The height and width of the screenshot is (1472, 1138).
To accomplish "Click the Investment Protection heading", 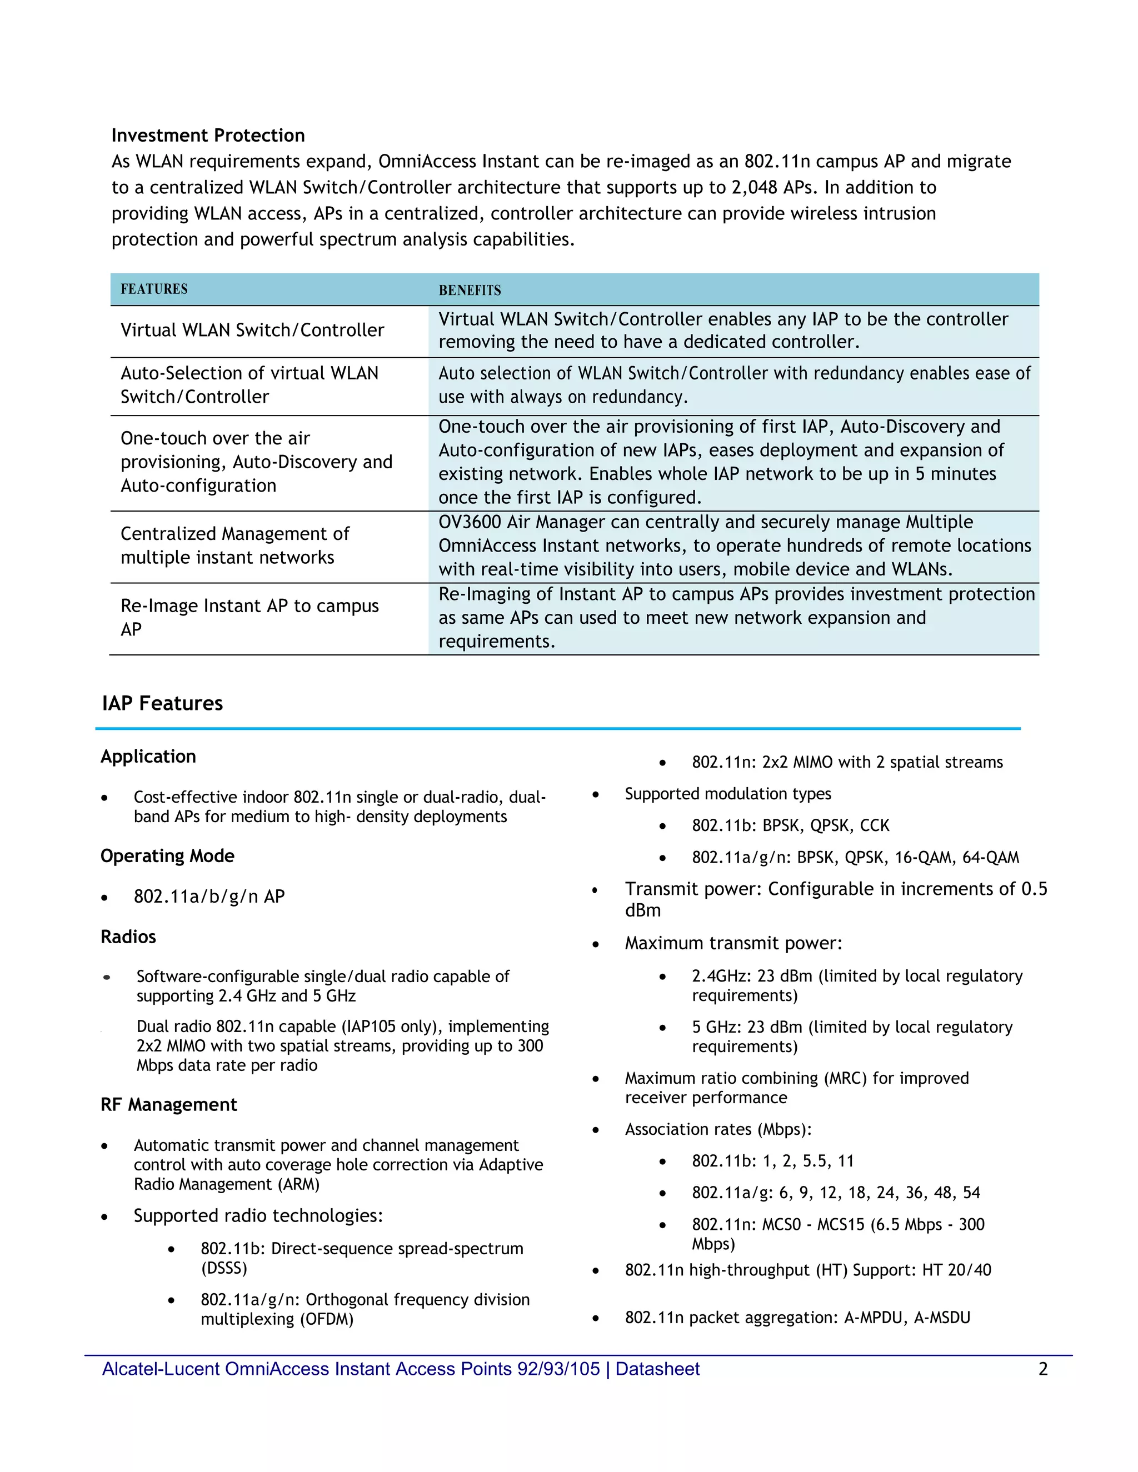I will pos(208,136).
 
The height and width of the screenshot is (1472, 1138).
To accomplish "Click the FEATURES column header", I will pos(154,289).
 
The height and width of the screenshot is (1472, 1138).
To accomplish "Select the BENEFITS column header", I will pos(470,291).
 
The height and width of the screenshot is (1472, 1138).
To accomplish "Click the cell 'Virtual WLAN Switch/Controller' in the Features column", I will pos(252,331).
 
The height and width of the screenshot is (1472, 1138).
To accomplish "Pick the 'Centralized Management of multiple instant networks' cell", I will pos(234,545).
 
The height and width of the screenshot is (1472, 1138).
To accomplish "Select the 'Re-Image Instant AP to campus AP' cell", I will pos(249,617).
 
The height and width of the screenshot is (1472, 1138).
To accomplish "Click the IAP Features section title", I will pos(162,703).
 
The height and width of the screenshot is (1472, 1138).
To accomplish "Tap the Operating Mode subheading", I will pos(167,856).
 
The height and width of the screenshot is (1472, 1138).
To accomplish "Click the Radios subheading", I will pos(128,937).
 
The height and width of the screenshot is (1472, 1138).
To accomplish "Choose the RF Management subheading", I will pos(168,1105).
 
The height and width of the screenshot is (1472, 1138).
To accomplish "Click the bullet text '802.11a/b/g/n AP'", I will pos(209,897).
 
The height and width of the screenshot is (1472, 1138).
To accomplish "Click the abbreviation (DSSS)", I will pos(224,1269).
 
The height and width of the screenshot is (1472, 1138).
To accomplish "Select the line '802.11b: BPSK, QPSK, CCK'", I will pos(790,825).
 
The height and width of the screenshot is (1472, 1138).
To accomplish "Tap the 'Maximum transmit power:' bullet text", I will pos(733,943).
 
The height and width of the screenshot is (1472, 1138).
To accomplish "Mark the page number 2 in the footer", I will pos(1042,1369).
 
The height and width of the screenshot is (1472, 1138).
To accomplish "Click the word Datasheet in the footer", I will pos(657,1369).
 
